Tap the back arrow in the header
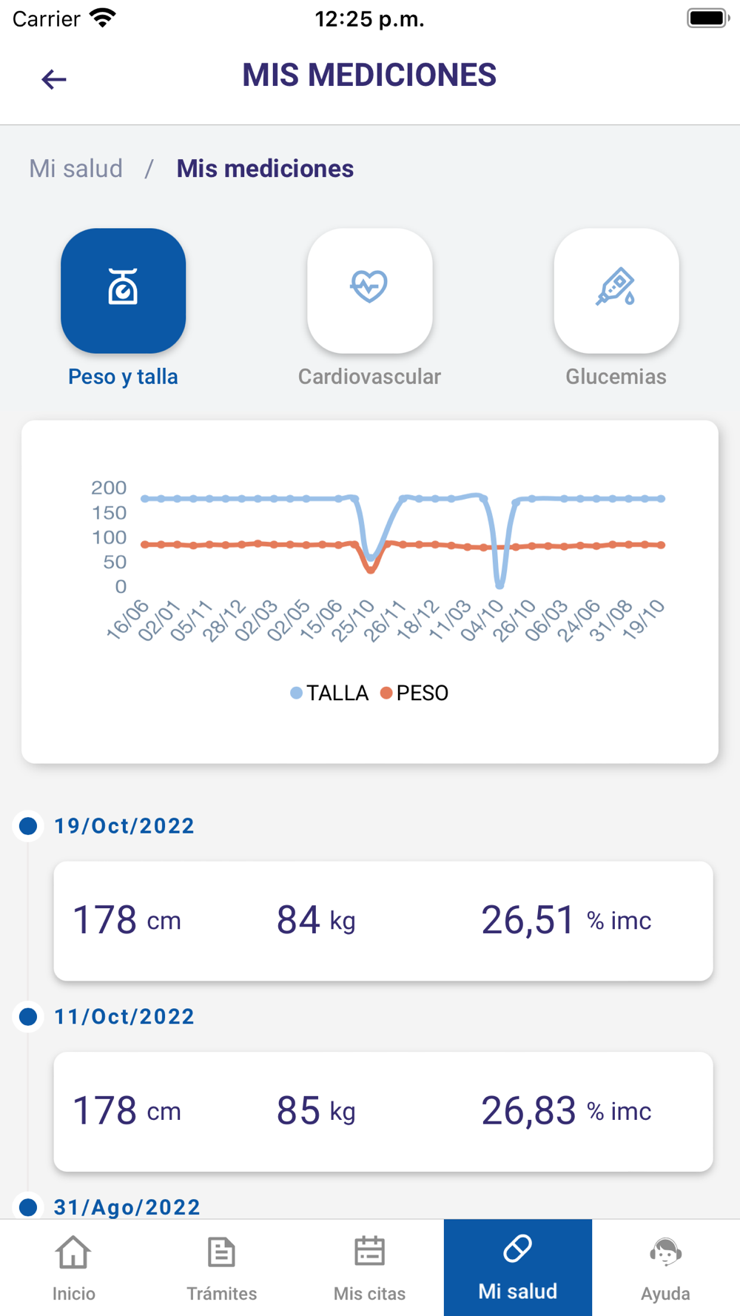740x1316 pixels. pos(54,78)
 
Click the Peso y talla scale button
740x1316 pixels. pos(123,290)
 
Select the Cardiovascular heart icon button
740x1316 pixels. pos(369,290)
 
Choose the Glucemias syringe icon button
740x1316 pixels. pos(616,290)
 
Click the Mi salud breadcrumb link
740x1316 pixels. pos(75,169)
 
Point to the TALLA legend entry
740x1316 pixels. pos(329,693)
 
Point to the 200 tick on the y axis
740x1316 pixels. pos(109,488)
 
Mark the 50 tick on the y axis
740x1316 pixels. pos(115,562)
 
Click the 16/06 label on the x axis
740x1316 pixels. pos(128,620)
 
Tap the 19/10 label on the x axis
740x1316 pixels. pos(644,620)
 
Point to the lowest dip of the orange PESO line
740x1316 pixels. pos(371,570)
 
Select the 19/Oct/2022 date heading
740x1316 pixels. pos(124,826)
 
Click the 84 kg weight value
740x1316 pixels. pos(316,920)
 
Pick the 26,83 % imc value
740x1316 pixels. pos(566,1111)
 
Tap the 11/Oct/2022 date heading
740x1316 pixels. pos(124,1017)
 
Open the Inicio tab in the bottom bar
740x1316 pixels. pos(73,1268)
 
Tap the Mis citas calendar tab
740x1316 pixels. pos(369,1268)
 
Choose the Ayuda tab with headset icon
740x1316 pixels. pos(665,1268)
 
